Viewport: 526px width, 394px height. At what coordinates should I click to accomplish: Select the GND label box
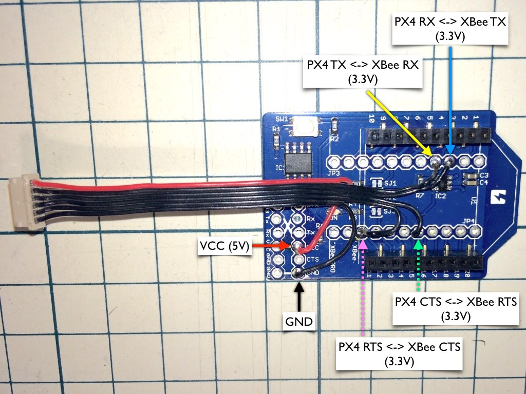298,322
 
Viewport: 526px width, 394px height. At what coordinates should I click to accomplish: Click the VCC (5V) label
225,247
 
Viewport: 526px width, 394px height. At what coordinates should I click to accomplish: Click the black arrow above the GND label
298,295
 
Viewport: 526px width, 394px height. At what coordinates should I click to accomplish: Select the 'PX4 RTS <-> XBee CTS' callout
400,353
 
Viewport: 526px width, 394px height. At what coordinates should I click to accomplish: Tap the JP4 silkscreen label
468,221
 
